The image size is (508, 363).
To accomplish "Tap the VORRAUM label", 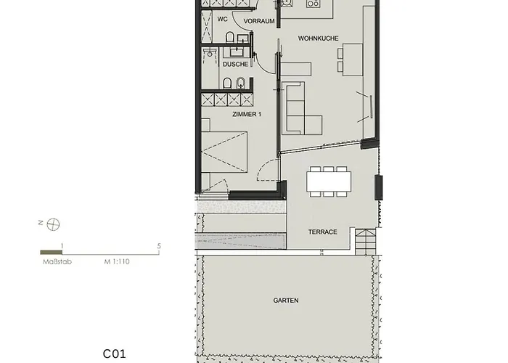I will tap(259, 21).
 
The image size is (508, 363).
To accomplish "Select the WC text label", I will tap(223, 20).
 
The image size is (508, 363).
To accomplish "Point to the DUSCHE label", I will tap(235, 64).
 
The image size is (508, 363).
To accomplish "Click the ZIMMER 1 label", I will tap(247, 115).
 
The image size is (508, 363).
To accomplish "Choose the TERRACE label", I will tap(322, 232).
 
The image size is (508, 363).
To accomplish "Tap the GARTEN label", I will tap(286, 300).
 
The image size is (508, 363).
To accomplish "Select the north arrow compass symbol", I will tap(52, 224).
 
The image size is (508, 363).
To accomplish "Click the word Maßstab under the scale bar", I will tap(52, 260).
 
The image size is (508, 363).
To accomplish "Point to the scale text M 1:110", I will tap(116, 260).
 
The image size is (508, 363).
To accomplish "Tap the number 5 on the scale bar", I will tap(159, 245).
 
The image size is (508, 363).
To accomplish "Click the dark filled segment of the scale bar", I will tap(51, 252).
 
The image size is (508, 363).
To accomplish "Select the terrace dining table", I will tap(329, 180).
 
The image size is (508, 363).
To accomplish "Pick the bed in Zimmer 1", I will tap(225, 151).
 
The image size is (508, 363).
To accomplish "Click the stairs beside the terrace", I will tap(365, 239).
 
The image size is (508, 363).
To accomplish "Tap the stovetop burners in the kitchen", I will tap(314, 4).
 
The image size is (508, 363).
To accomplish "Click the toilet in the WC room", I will tap(229, 38).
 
